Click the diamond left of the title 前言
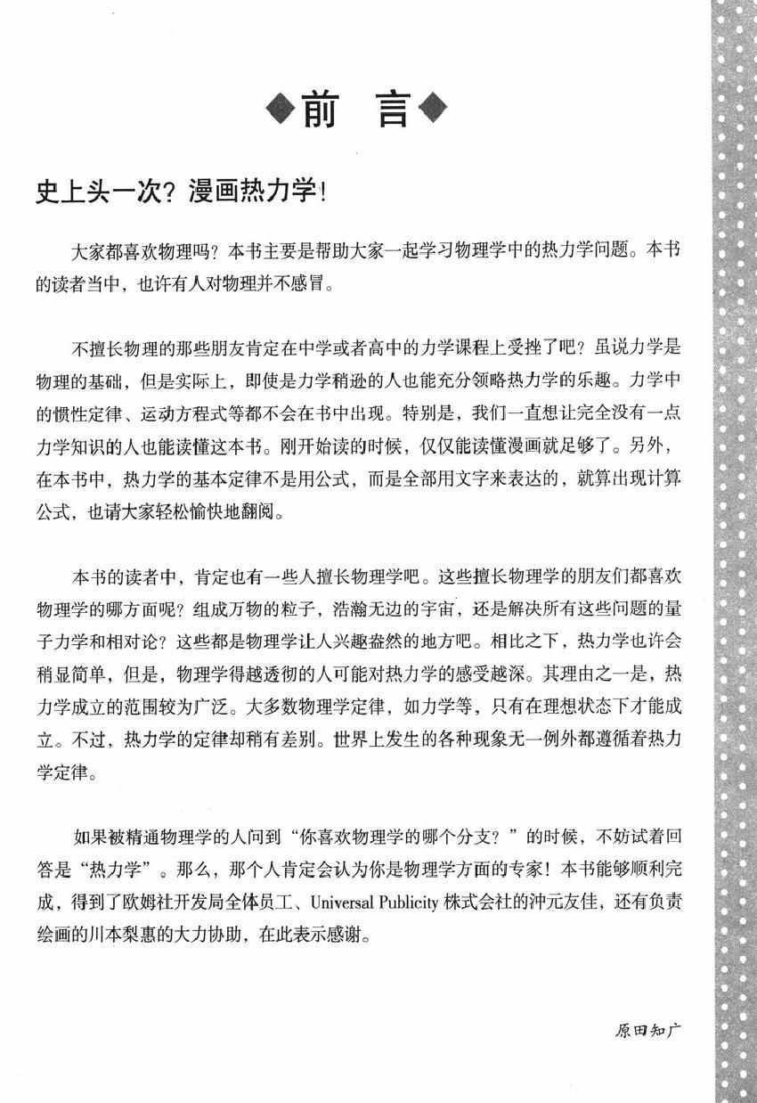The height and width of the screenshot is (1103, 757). pos(282,110)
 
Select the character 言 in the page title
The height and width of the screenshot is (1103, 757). pos(391,110)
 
